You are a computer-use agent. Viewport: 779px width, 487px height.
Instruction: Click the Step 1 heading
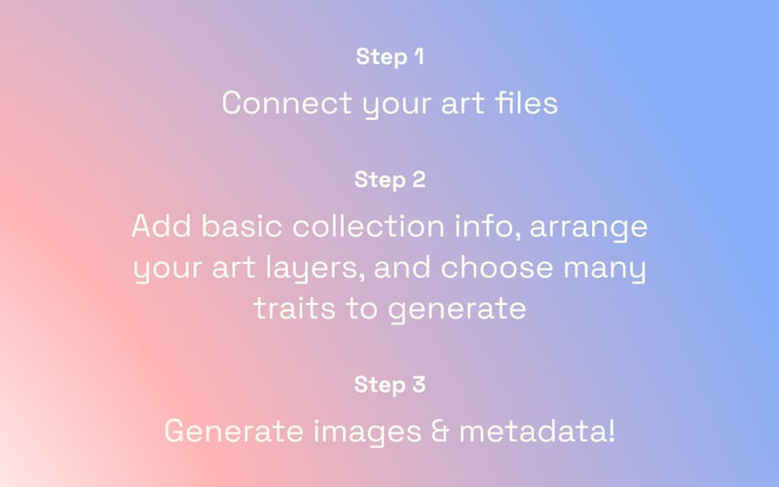click(x=389, y=56)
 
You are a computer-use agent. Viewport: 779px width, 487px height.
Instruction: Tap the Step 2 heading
click(x=389, y=179)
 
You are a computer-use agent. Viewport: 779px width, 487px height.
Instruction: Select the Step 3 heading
click(x=389, y=385)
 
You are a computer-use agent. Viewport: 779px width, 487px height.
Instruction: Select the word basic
click(x=239, y=226)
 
